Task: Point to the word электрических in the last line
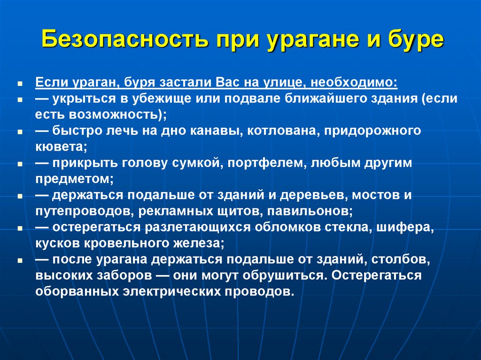coord(182,291)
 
